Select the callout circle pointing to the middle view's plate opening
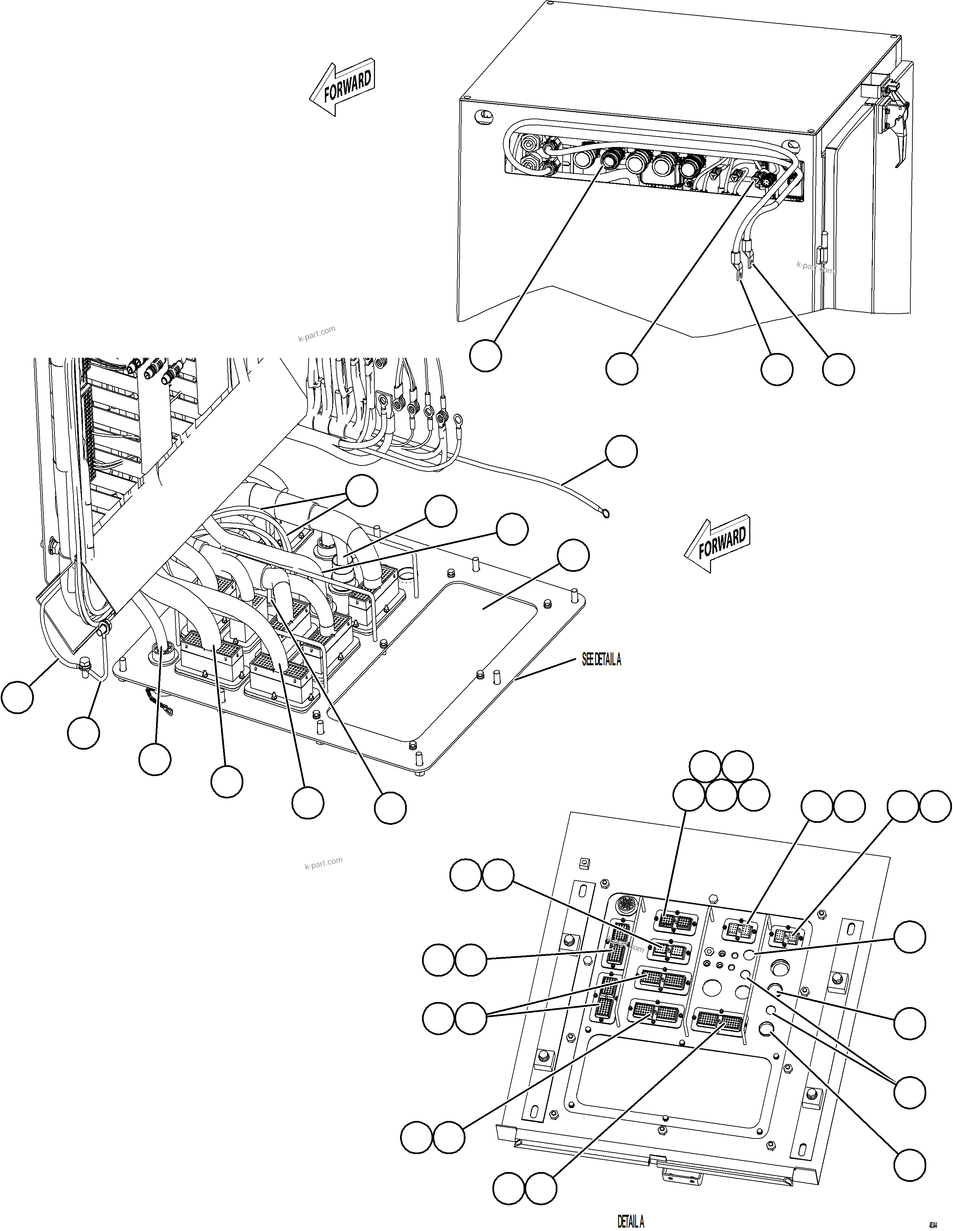573,555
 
